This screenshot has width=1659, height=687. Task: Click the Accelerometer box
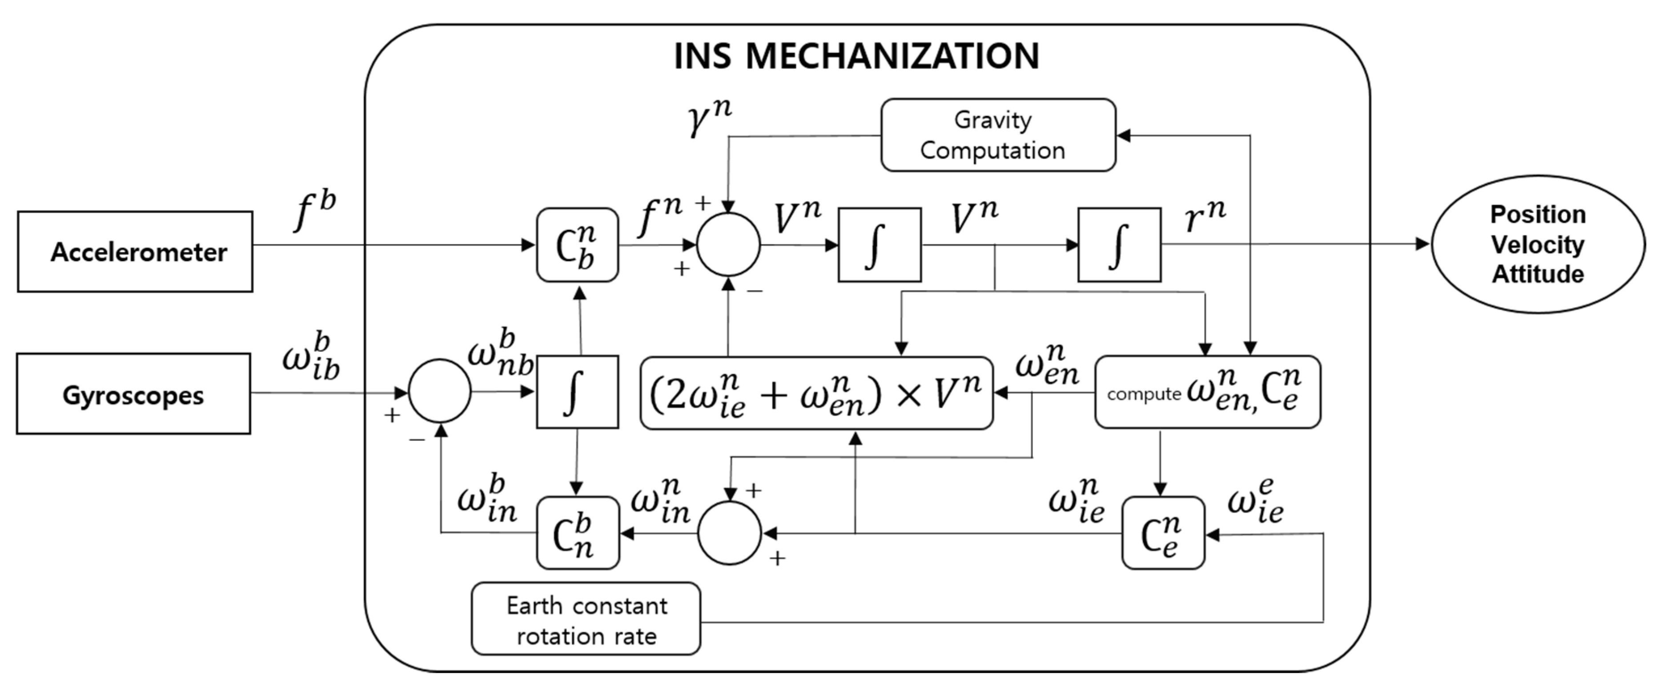[x=135, y=252]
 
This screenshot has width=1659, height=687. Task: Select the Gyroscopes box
[x=133, y=394]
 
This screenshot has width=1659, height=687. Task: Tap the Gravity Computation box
[x=998, y=135]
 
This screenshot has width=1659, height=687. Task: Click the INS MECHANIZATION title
[x=856, y=56]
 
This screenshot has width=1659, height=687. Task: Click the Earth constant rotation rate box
[x=586, y=619]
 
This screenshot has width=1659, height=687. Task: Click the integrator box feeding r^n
[x=1119, y=245]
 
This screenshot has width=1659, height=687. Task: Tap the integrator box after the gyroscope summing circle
[x=577, y=391]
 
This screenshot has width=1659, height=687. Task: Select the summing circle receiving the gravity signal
[x=728, y=245]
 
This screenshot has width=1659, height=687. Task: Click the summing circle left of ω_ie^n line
[x=730, y=533]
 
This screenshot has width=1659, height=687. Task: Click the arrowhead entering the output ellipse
[x=1422, y=244]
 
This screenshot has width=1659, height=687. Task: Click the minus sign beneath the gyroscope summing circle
[x=417, y=440]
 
